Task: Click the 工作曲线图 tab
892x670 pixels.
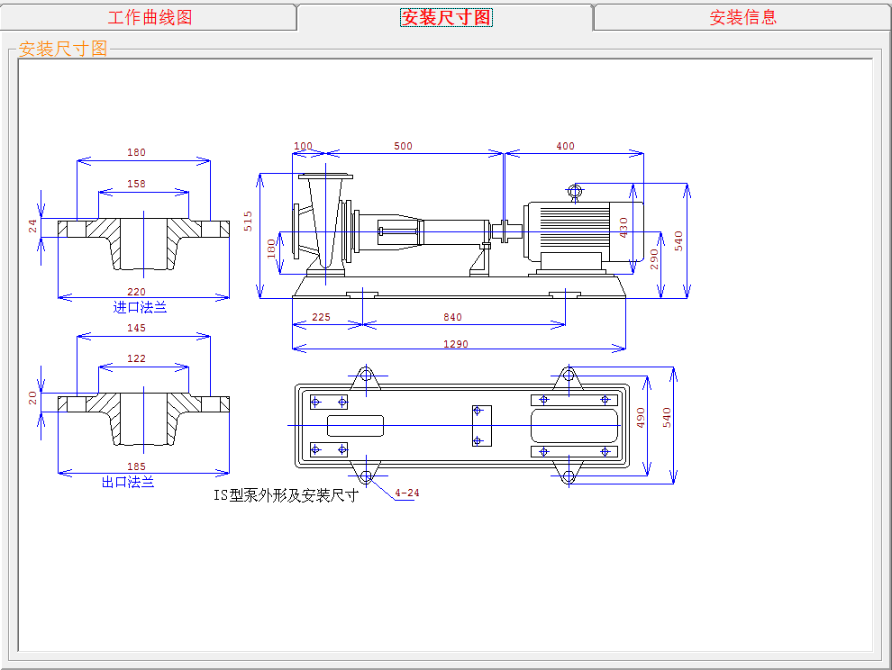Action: pos(150,17)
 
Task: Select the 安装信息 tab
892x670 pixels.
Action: pos(743,17)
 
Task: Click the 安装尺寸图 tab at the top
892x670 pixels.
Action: pos(446,17)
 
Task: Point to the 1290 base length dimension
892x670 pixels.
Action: pos(456,344)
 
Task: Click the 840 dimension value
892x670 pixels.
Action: pos(453,317)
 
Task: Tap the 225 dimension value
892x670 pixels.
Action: pos(321,317)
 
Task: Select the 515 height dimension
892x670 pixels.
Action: pos(248,222)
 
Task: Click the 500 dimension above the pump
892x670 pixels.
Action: pos(404,146)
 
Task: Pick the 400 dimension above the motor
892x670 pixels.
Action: pos(566,146)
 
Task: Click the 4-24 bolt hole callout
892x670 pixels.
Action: pos(407,493)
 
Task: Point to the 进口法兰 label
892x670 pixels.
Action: pos(140,308)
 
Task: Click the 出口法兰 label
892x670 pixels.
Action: pos(128,483)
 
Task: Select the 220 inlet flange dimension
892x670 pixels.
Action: pos(137,292)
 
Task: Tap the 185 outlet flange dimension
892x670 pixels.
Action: pos(137,466)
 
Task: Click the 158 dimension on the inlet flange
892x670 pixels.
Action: pos(137,184)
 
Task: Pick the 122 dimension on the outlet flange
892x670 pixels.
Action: pos(137,358)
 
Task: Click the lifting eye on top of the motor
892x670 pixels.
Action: pos(575,191)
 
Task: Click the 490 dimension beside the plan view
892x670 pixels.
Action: pos(642,418)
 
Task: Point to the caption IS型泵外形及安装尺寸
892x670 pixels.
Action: pos(287,495)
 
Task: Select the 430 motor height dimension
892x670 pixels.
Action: pos(624,228)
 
